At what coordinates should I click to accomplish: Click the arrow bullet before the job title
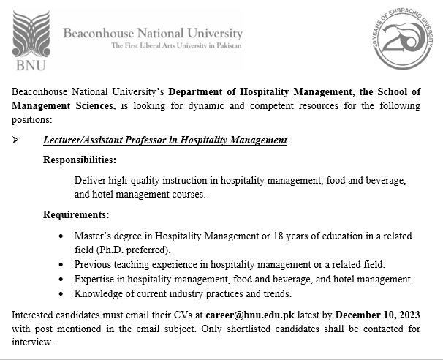[x=18, y=140]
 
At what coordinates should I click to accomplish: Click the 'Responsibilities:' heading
[x=79, y=160]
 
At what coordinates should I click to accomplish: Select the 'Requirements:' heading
[x=75, y=215]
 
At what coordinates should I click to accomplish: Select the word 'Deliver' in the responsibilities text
[x=90, y=180]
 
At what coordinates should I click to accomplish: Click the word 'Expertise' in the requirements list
[x=95, y=279]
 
